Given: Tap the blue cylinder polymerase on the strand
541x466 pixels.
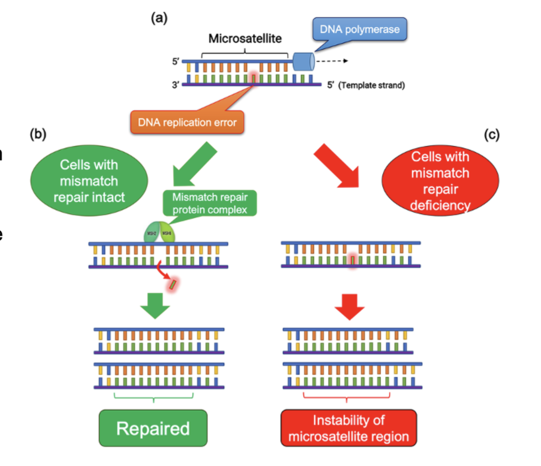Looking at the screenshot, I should (303, 62).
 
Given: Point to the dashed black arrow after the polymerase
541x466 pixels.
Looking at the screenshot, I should (332, 61).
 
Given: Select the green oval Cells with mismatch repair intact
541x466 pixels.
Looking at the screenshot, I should (89, 181).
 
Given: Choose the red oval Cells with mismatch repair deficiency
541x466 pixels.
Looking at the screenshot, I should (439, 181).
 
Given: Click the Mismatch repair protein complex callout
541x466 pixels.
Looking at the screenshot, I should (211, 203).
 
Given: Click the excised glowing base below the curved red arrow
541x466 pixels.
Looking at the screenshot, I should (174, 284).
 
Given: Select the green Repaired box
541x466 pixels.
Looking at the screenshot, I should (153, 427).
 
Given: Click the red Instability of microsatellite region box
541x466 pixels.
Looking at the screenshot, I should (349, 427).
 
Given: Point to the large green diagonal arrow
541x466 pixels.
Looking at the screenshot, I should (192, 163).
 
